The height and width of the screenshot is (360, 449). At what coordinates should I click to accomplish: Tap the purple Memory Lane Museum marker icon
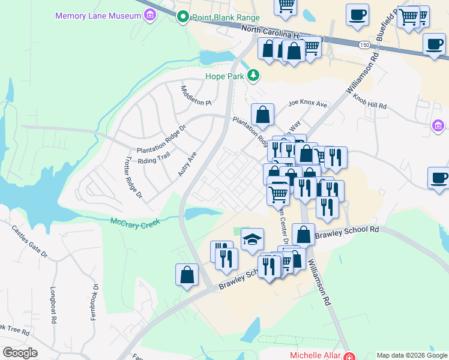(x=149, y=16)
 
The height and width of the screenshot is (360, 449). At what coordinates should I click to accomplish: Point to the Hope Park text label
(x=226, y=76)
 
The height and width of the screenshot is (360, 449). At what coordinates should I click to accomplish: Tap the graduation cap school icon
(x=252, y=239)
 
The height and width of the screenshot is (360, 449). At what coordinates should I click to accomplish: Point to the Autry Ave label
(x=187, y=164)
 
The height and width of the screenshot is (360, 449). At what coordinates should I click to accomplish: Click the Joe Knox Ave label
(x=307, y=104)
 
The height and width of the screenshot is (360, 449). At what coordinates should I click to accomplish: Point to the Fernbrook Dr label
(x=94, y=303)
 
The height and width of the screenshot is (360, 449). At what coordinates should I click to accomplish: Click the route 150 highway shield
(x=364, y=45)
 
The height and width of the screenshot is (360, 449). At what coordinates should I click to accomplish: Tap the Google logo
(x=20, y=353)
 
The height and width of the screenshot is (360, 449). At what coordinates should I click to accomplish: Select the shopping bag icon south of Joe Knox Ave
(x=262, y=114)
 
